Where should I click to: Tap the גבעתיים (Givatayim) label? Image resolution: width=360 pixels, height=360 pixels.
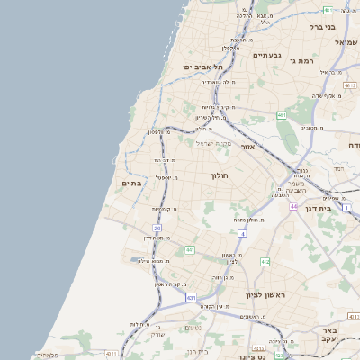[267, 56]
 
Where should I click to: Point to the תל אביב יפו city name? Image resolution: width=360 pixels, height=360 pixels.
[202, 67]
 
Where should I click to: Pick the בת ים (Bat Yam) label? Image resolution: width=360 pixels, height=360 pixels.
[132, 184]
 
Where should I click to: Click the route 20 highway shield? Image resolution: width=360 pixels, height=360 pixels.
[157, 229]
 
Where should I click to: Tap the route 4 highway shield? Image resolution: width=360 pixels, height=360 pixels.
[241, 234]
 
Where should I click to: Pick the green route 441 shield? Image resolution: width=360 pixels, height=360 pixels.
[190, 249]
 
